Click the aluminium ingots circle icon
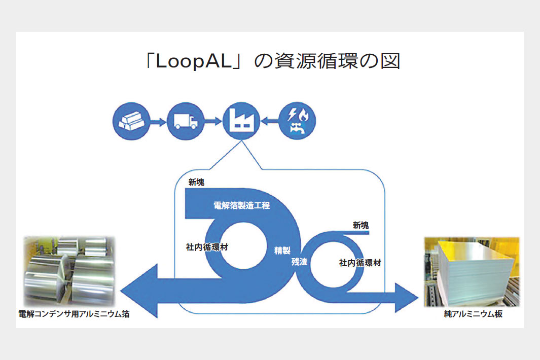(130, 121)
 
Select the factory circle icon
(240, 121)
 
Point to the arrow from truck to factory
(212, 122)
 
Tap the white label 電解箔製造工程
(241, 206)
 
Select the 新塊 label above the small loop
(361, 225)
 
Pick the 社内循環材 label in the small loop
(360, 263)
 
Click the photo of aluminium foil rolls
(69, 271)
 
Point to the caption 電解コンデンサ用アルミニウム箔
(74, 314)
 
